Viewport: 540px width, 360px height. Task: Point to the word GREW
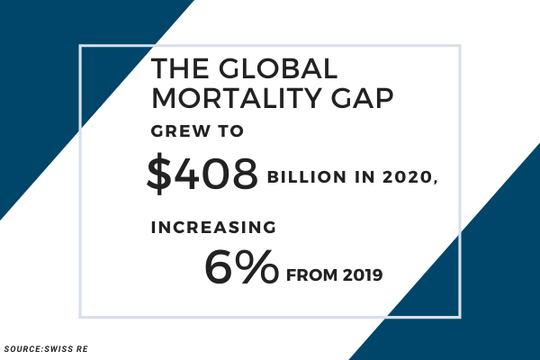[177, 133]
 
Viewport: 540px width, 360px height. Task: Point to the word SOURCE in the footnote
[22, 348]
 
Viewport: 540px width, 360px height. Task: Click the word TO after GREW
[232, 133]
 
